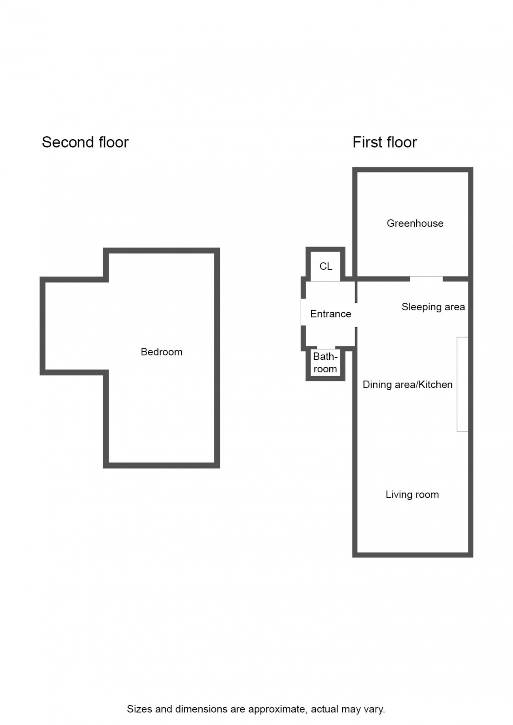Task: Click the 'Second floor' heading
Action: pos(85,142)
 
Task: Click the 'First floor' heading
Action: pos(385,142)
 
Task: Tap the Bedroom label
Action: pos(162,352)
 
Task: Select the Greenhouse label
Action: pos(415,223)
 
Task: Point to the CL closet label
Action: pos(326,266)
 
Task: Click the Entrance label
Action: pos(331,314)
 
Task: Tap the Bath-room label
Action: pos(325,363)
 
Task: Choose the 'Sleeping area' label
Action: pos(433,307)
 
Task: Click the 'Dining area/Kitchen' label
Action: pos(408,385)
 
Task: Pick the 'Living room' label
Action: pos(412,494)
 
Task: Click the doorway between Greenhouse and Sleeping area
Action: pos(426,279)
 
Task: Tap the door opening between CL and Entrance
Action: pos(326,281)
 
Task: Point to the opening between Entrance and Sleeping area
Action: pos(356,315)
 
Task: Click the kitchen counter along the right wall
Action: pos(462,384)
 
